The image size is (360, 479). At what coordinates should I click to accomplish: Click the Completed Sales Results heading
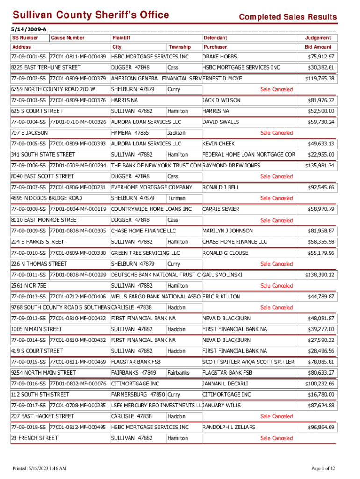(x=288, y=17)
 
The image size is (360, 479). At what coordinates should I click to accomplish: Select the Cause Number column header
(x=68, y=37)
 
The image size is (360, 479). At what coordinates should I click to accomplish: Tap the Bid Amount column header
(x=318, y=47)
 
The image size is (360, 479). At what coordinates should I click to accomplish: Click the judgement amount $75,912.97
(x=321, y=57)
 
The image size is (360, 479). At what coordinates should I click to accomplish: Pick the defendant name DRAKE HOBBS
(x=220, y=57)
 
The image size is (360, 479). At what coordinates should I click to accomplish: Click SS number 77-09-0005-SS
(x=29, y=144)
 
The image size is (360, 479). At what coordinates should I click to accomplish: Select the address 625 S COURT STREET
(x=37, y=111)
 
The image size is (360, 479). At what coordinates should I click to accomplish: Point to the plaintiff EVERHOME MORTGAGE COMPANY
(x=151, y=187)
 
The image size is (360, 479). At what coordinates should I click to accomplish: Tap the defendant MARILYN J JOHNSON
(x=227, y=231)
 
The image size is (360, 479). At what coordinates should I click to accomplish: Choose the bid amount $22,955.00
(x=321, y=154)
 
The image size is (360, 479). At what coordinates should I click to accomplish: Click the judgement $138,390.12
(x=320, y=275)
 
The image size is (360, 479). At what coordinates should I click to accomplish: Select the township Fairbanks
(x=179, y=373)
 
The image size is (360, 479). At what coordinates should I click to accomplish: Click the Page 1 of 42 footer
(x=323, y=469)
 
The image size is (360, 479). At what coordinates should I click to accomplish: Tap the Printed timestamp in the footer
(x=40, y=469)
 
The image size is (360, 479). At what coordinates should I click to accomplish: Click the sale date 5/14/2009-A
(x=27, y=29)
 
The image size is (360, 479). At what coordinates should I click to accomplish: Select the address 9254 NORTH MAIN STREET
(x=43, y=373)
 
